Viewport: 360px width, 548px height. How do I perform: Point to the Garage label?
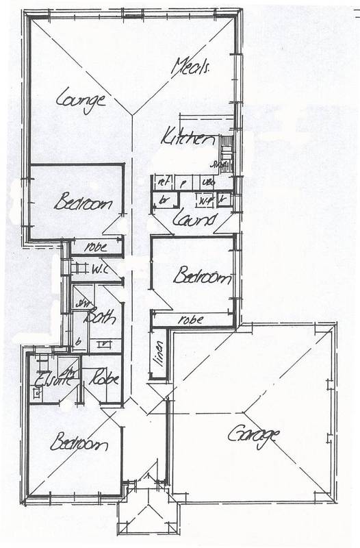click(255, 436)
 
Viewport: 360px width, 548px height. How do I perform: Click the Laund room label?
click(194, 219)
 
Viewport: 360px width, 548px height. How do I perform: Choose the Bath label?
click(99, 317)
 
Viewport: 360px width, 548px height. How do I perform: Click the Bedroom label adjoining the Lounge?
click(83, 203)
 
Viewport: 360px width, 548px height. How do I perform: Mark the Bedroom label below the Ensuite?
click(78, 443)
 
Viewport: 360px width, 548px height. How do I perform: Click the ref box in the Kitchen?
click(163, 183)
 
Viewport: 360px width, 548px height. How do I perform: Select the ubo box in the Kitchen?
click(209, 183)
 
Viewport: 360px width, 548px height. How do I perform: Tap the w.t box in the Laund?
click(203, 201)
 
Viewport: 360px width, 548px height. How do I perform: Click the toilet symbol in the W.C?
click(76, 267)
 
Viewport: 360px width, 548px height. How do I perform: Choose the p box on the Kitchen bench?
click(183, 183)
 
